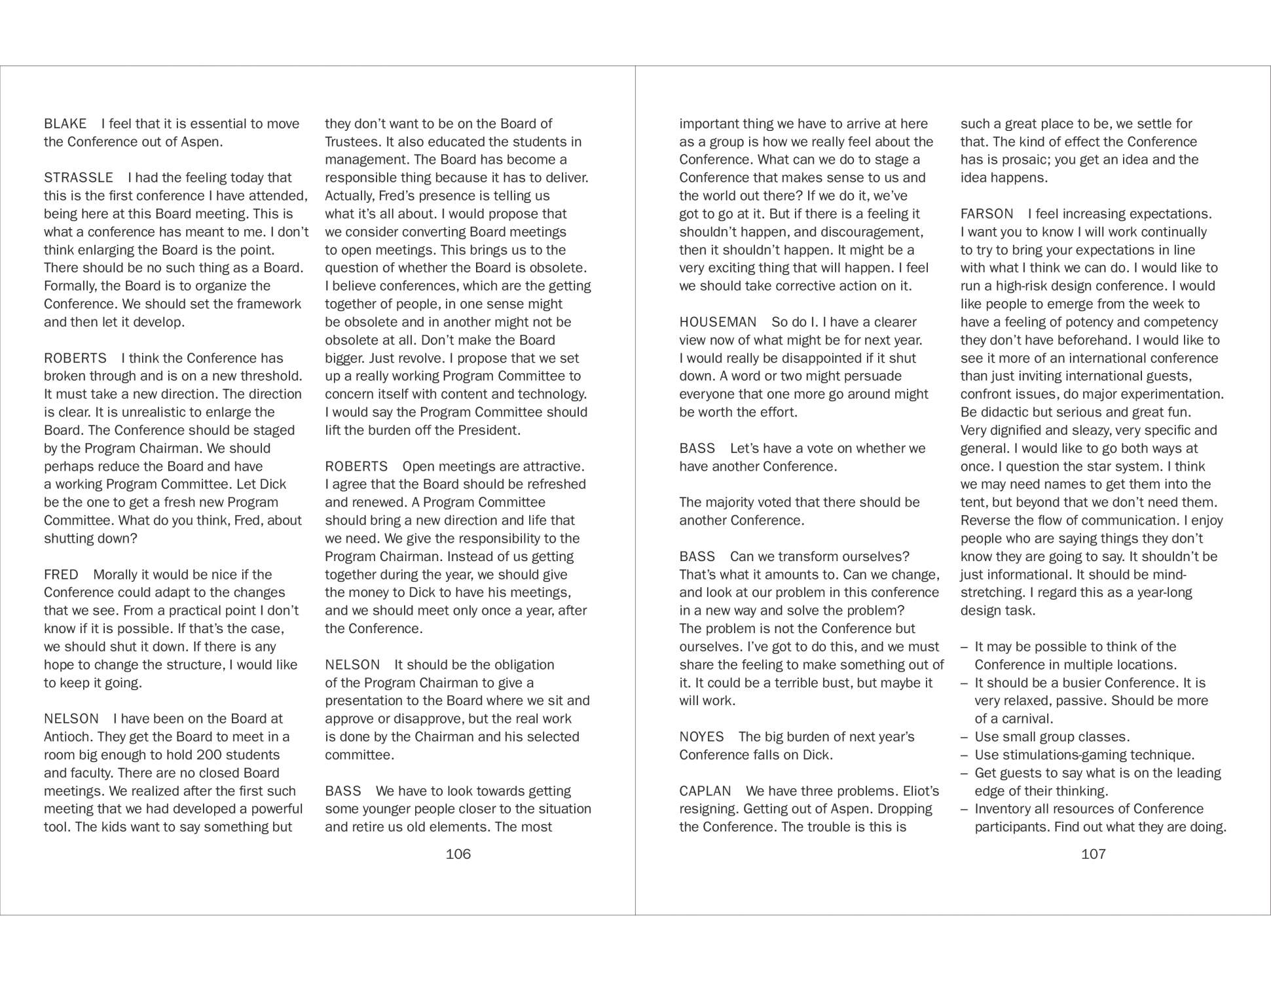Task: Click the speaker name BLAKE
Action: (x=65, y=124)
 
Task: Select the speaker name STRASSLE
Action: (x=79, y=178)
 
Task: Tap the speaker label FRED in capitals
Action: (x=61, y=575)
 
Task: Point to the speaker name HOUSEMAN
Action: (x=718, y=322)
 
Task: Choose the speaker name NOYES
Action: (x=701, y=737)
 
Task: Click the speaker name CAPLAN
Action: (x=705, y=791)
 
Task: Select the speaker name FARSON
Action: (x=987, y=214)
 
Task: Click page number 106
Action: (x=458, y=854)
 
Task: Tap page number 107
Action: (x=1093, y=854)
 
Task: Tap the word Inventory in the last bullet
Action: (x=1003, y=809)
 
